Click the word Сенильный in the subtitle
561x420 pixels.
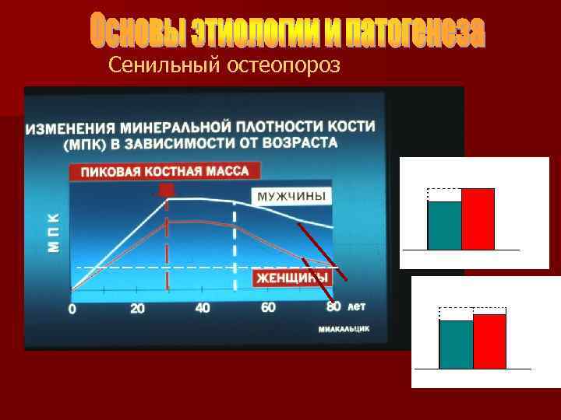164,66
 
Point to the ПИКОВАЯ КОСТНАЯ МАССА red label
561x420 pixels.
164,171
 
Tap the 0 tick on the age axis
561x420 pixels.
72,310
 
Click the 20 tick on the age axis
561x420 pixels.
137,309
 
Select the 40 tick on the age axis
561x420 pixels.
203,309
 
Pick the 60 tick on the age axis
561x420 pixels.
268,308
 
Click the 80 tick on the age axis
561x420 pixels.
333,307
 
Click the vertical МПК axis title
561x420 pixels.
53,231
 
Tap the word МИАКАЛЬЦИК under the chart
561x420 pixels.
344,329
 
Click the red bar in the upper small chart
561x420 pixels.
478,219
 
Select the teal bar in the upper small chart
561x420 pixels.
444,225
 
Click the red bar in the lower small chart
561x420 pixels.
489,341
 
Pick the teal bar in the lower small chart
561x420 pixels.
456,344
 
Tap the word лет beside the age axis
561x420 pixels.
356,306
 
